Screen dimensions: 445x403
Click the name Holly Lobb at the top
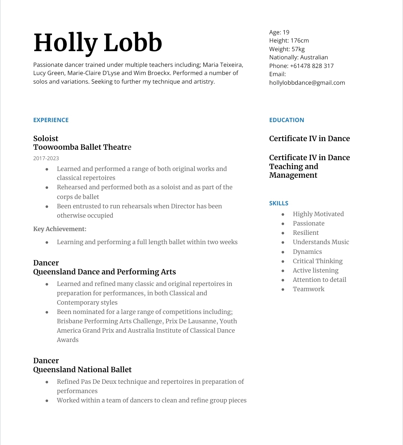click(98, 43)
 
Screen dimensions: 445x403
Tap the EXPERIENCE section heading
click(51, 120)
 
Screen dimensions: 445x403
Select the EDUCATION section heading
click(287, 120)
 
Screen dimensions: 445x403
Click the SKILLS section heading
click(279, 203)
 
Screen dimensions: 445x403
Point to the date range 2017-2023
click(46, 158)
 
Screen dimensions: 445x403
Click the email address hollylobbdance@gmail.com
click(307, 83)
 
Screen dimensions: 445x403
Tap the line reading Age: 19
click(279, 32)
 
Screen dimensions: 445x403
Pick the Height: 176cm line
click(289, 40)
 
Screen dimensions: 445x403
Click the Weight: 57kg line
click(287, 49)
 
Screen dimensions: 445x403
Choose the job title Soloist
click(46, 139)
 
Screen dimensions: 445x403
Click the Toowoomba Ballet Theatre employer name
click(82, 147)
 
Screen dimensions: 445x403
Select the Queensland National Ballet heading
click(82, 370)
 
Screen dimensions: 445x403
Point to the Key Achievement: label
click(60, 229)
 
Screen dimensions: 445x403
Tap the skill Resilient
click(306, 233)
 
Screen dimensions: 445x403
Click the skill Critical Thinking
click(318, 261)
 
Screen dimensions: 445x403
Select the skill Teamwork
click(309, 289)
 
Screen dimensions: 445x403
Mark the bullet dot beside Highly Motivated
click(283, 214)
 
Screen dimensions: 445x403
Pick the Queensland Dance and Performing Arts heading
click(104, 272)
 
